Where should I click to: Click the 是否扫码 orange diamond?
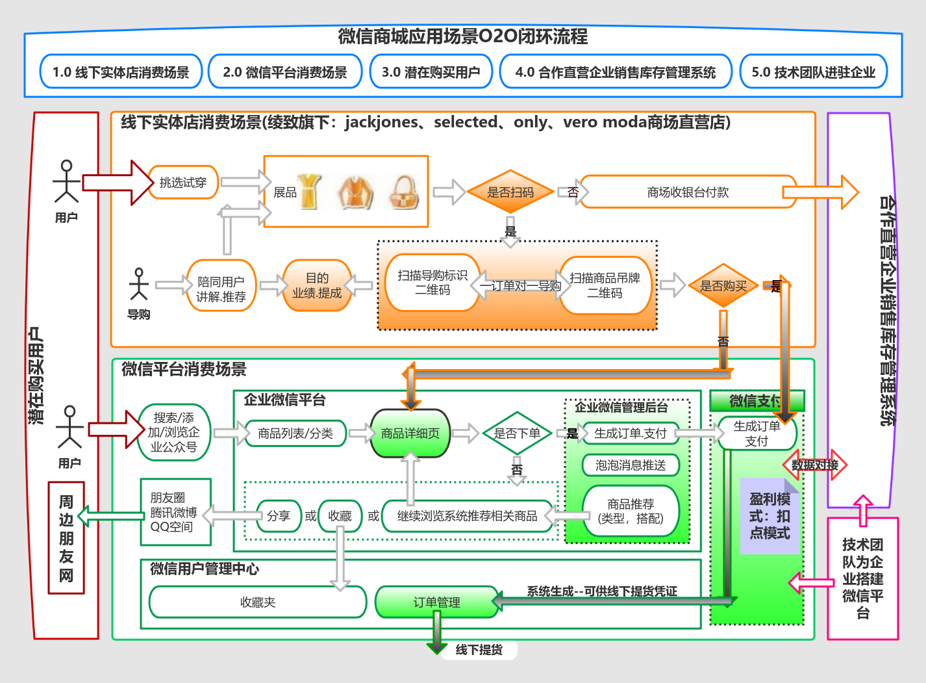[x=510, y=192]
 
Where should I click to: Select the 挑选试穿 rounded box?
[x=183, y=183]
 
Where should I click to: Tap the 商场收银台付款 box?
[x=687, y=192]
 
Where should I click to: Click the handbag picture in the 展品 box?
[x=404, y=192]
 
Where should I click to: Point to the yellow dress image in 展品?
[x=309, y=192]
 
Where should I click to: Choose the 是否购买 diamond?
[x=723, y=286]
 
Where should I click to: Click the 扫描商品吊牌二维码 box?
[x=605, y=286]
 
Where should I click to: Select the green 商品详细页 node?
[x=410, y=433]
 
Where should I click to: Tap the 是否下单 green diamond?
[x=517, y=433]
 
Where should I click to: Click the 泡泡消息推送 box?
[x=630, y=465]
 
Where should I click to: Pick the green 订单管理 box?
[x=436, y=602]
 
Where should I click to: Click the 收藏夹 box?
[x=258, y=602]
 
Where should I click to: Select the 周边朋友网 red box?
[x=66, y=538]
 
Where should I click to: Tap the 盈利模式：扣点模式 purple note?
[x=770, y=517]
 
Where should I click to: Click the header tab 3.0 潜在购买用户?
[x=431, y=72]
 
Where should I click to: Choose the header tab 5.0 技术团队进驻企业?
[x=813, y=72]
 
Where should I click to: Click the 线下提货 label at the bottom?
[x=479, y=650]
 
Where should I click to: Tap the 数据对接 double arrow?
[x=815, y=465]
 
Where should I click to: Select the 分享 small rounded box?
[x=279, y=516]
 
